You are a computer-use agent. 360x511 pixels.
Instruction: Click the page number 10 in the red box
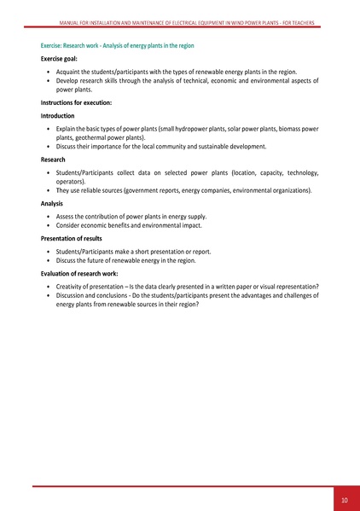tap(343, 499)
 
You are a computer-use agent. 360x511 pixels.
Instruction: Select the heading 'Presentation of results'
tap(75, 239)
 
